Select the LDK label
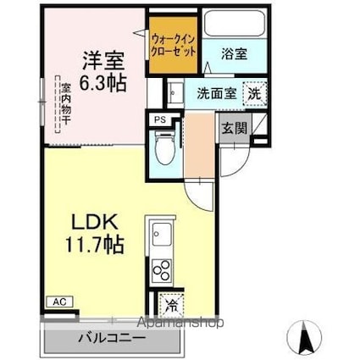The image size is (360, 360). tap(92, 222)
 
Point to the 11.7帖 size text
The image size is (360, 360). tap(94, 246)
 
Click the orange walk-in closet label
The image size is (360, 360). tap(176, 44)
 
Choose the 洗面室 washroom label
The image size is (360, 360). tap(215, 93)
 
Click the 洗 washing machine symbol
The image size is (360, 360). tap(254, 93)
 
